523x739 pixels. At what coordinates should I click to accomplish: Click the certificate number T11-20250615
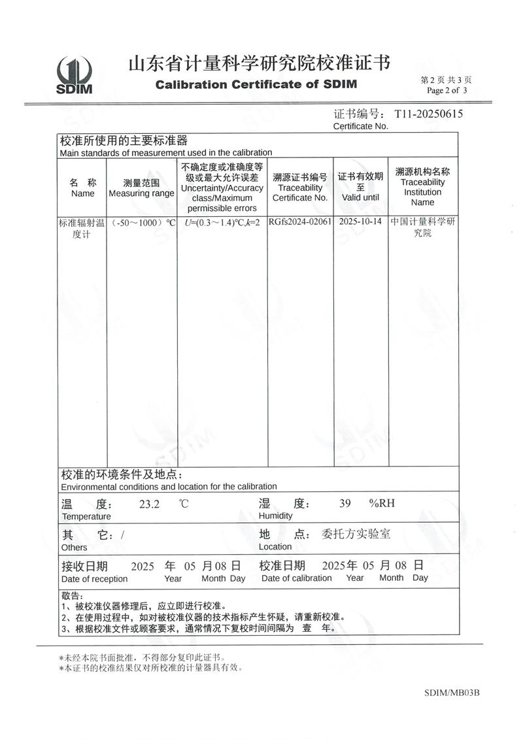[x=428, y=114]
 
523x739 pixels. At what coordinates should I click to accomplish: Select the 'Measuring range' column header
[x=141, y=188]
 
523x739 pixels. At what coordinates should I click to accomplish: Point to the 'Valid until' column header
[x=360, y=187]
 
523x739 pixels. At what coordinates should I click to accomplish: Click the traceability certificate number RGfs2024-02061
[x=300, y=222]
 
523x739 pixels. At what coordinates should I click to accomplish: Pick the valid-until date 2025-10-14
[x=360, y=222]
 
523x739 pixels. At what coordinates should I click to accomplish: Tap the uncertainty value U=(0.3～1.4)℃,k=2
[x=222, y=222]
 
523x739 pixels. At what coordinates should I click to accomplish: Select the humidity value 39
[x=345, y=503]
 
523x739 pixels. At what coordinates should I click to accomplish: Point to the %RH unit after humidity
[x=382, y=503]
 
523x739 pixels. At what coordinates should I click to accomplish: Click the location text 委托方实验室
[x=357, y=534]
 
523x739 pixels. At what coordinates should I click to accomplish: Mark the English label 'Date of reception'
[x=95, y=579]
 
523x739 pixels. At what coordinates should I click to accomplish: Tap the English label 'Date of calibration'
[x=297, y=578]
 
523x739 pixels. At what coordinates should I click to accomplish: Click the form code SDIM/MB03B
[x=452, y=693]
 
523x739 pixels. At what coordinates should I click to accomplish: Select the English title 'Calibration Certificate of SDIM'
[x=256, y=85]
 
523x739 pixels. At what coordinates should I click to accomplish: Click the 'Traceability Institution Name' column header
[x=422, y=187]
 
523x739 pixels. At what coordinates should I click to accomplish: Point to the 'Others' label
[x=74, y=548]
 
